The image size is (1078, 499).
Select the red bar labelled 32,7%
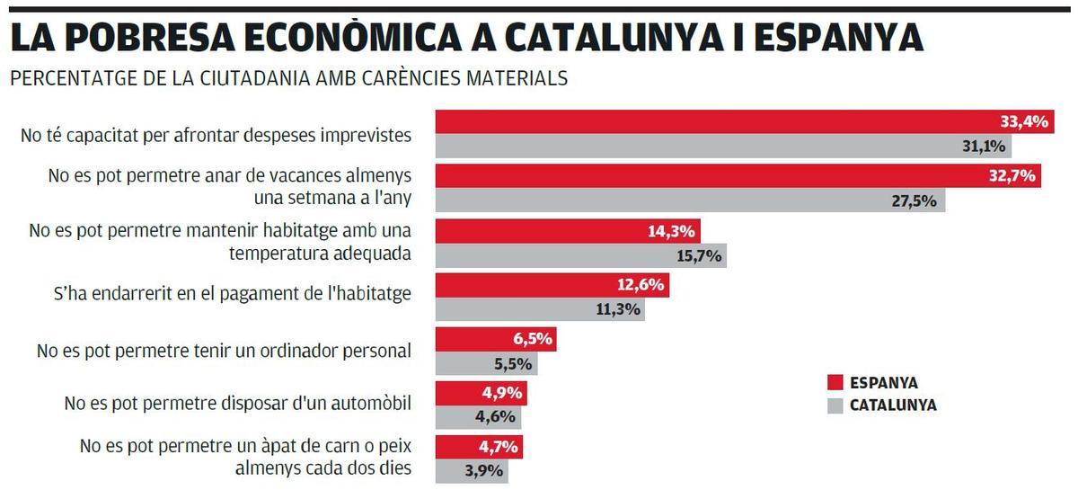[x=737, y=176]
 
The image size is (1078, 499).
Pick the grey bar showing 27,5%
[x=690, y=200]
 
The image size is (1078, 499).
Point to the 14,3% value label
[x=671, y=231]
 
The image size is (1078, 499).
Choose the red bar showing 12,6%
[x=552, y=286]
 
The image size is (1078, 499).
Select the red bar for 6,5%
[x=495, y=340]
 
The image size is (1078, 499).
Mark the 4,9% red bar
[x=481, y=394]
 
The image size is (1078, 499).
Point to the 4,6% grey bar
[x=478, y=417]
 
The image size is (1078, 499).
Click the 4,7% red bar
[x=479, y=448]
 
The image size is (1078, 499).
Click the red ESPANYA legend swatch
[x=835, y=382]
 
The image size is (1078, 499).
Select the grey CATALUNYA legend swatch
[x=835, y=405]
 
